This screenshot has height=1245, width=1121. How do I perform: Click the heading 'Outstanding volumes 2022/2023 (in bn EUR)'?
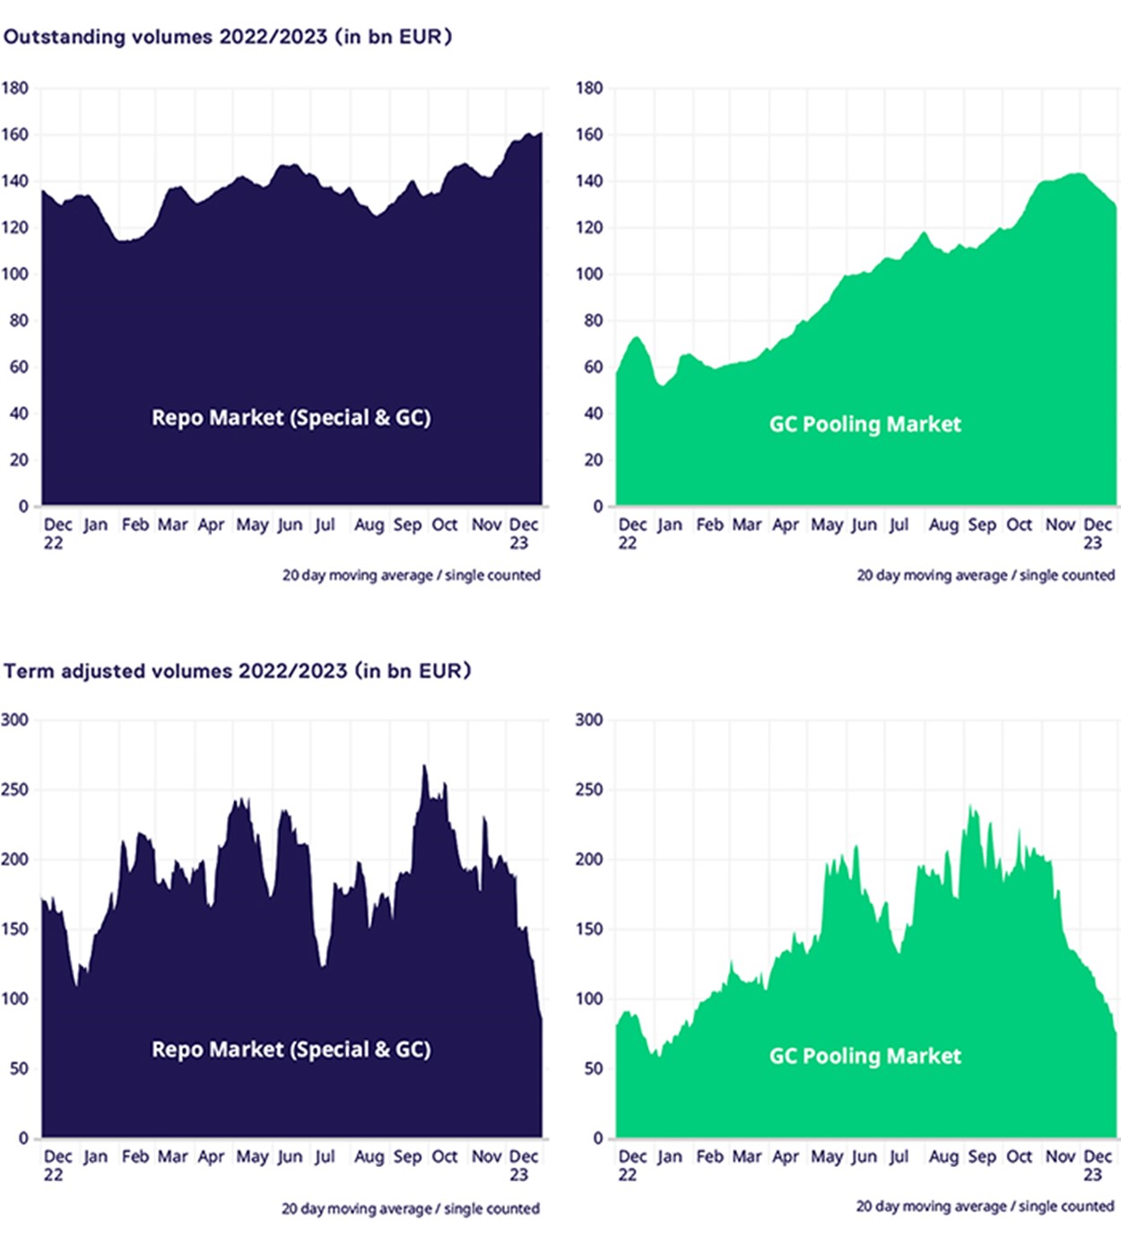click(228, 37)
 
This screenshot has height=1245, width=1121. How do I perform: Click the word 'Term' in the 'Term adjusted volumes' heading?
click(29, 671)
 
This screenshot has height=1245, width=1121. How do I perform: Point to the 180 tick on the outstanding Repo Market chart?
click(14, 88)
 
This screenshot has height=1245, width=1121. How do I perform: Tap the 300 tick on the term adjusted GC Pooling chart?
click(588, 719)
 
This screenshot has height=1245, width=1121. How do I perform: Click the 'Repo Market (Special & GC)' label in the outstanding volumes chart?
click(291, 418)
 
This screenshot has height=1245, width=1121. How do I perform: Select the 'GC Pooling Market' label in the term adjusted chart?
click(865, 1056)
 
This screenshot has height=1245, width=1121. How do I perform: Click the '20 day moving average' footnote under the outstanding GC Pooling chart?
click(985, 575)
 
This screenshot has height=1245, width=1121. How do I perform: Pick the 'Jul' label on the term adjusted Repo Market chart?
click(325, 1156)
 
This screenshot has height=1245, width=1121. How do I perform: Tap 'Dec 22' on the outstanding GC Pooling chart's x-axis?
click(631, 533)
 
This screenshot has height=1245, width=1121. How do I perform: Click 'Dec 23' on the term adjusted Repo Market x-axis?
click(523, 1164)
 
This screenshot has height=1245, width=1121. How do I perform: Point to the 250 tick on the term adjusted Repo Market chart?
click(14, 789)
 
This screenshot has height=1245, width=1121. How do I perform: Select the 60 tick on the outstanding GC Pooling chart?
click(593, 367)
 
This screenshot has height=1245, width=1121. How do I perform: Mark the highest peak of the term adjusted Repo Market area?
click(424, 766)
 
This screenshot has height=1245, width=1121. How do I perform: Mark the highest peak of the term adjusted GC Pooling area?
click(970, 806)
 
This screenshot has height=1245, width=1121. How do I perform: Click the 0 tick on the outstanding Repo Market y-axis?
click(23, 506)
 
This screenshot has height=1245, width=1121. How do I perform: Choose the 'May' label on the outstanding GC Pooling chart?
click(826, 525)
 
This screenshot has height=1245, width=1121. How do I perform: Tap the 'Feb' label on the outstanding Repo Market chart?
click(135, 525)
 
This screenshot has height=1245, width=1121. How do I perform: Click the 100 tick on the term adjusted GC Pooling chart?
click(588, 998)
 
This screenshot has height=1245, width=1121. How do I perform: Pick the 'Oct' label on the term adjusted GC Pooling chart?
click(1019, 1156)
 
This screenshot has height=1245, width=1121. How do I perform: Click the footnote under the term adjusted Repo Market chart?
click(411, 1208)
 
